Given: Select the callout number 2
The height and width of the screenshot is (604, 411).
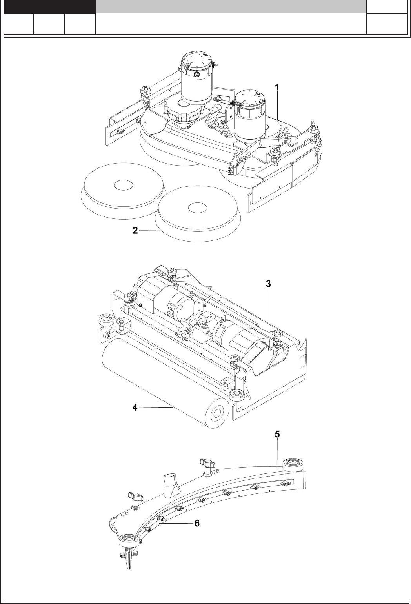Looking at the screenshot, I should coord(135,230).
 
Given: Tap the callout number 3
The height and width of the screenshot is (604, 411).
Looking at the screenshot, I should coord(268,284).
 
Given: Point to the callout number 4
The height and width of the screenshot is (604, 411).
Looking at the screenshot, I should coord(135,408).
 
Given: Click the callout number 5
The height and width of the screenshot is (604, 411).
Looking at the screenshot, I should coord(277,434).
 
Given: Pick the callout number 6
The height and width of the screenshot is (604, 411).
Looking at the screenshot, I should coord(197,523).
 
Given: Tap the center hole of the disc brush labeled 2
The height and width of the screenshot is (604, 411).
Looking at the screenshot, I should coord(197,207).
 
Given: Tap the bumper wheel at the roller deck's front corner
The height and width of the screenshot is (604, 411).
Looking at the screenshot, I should coord(236,394).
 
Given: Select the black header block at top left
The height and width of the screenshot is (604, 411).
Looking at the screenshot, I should coord(50,7).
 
